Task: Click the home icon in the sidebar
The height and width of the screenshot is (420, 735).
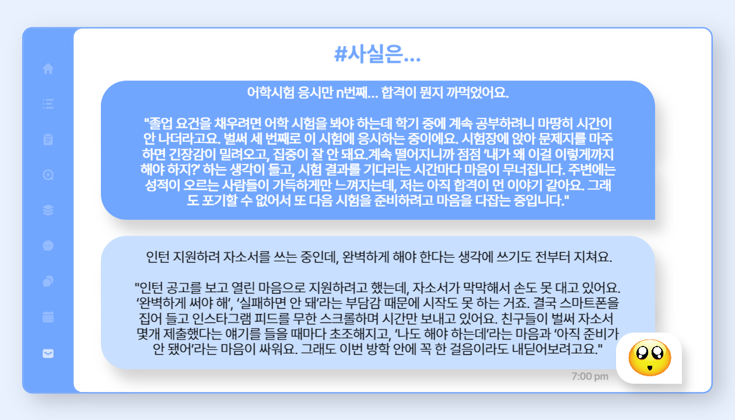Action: point(48,69)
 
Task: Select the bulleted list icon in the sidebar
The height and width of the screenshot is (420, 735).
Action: point(48,104)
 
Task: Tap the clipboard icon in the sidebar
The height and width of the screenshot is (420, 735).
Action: point(48,139)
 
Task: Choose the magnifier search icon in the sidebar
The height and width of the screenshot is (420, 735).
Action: point(48,175)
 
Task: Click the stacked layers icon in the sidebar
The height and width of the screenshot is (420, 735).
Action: point(48,210)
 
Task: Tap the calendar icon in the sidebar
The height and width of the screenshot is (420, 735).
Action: point(48,317)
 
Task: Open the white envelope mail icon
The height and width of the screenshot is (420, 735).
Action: point(48,353)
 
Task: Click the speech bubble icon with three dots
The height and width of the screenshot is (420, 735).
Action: point(48,246)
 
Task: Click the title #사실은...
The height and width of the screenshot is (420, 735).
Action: point(377,54)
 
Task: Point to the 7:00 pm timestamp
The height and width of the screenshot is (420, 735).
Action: point(590,376)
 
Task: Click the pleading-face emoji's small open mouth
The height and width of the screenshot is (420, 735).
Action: point(650,368)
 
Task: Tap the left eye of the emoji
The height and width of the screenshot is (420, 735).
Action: point(642,353)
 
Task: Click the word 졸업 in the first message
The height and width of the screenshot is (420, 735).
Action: point(159,124)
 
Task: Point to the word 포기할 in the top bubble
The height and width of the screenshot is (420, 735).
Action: point(219,200)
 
